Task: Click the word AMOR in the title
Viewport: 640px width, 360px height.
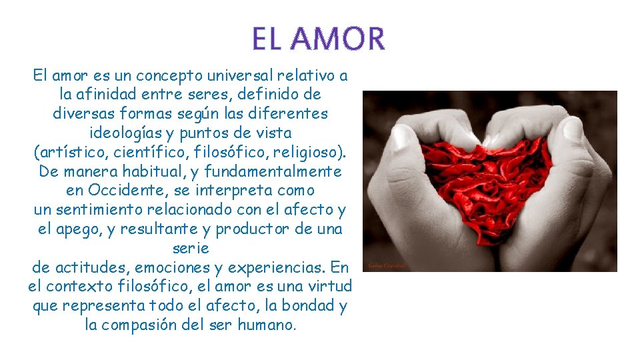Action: point(337,39)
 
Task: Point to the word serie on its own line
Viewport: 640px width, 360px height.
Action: point(190,248)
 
